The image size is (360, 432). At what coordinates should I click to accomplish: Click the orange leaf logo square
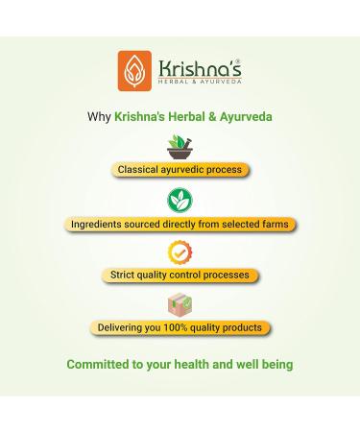pos(133,71)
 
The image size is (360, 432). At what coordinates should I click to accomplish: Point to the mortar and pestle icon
pos(180,147)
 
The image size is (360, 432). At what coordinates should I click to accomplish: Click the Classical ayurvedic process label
pos(180,170)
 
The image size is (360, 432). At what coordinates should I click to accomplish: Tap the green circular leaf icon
pos(180,200)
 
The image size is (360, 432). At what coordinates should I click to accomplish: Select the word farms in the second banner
pos(272,224)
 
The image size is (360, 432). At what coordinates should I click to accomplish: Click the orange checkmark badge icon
pos(180,252)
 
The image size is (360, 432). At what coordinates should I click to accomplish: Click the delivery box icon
pos(180,305)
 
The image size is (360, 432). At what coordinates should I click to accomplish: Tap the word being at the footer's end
pos(276,365)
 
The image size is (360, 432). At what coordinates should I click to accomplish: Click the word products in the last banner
pos(241,328)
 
